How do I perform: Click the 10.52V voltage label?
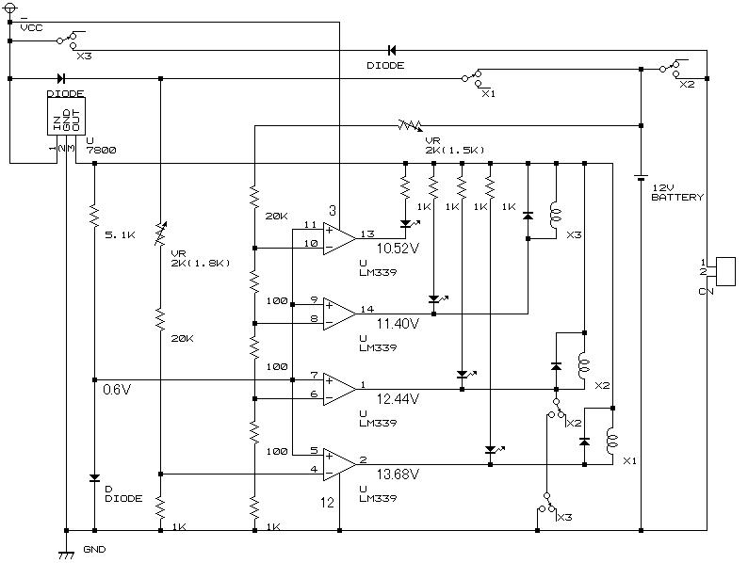pyautogui.click(x=398, y=248)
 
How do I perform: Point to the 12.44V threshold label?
pyautogui.click(x=398, y=399)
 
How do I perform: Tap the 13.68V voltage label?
pyautogui.click(x=398, y=473)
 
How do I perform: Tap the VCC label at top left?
pyautogui.click(x=32, y=28)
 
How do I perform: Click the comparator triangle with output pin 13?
pyautogui.click(x=337, y=235)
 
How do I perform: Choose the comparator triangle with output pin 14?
pyautogui.click(x=337, y=311)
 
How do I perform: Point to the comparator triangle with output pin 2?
pyautogui.click(x=337, y=462)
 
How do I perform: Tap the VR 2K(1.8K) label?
pyautogui.click(x=200, y=257)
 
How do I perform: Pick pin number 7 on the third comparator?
pyautogui.click(x=313, y=376)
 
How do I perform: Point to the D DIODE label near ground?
pyautogui.click(x=122, y=493)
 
